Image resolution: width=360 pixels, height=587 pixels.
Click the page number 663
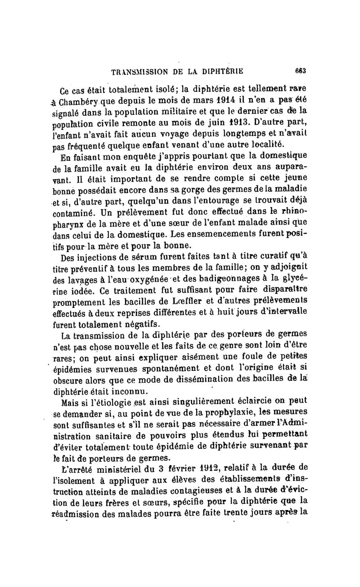301,70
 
